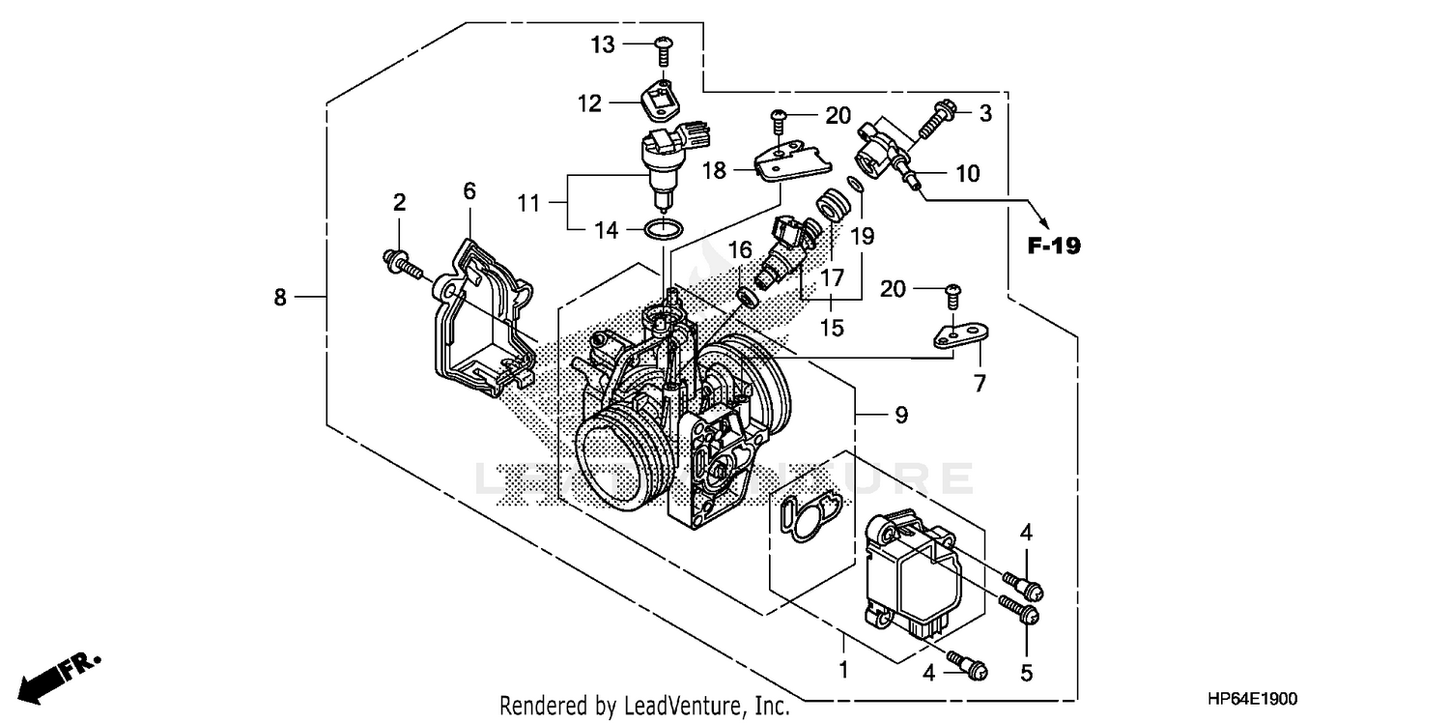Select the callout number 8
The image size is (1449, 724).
coord(280,298)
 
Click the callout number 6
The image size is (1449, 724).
coord(469,191)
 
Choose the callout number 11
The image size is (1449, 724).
coord(528,204)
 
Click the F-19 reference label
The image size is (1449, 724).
coord(1053,246)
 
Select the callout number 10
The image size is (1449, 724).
coord(967,174)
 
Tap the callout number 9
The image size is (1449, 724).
coord(899,416)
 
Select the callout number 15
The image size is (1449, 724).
coord(831,329)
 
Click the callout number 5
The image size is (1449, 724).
coord(1026,671)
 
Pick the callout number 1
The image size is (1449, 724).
coord(843,669)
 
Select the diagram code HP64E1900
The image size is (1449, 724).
coord(1252,699)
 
